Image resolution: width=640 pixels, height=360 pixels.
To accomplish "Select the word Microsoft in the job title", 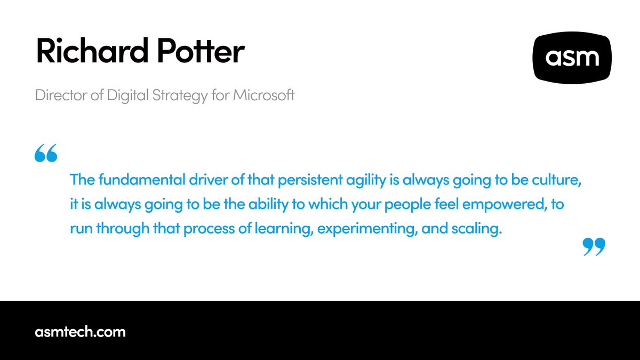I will [263, 97].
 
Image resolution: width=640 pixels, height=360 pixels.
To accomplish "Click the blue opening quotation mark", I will [45, 154].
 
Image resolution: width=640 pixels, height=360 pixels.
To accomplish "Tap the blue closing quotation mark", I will [594, 246].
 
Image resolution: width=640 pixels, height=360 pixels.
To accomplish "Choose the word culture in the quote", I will [557, 180].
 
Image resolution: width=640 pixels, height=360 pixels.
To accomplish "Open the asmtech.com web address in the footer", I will [81, 332].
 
